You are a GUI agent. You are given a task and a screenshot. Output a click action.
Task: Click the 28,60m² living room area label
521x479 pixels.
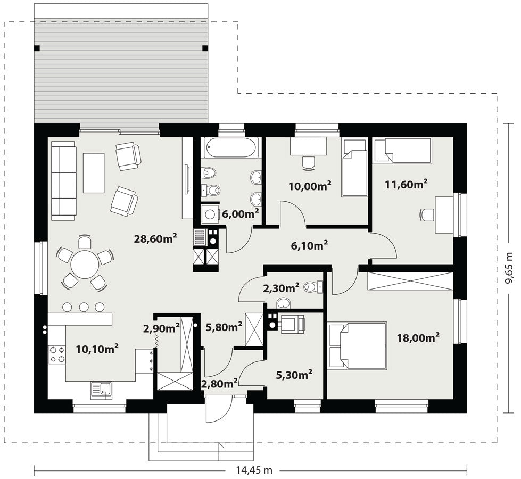(155, 238)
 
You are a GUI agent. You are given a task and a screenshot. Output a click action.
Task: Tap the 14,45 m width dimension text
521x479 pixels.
(254, 470)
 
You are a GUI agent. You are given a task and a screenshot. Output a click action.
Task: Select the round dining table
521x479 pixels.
(85, 265)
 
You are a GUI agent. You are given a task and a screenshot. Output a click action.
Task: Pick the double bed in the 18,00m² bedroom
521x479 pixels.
(358, 346)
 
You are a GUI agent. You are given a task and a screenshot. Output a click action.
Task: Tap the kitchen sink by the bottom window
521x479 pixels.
(101, 390)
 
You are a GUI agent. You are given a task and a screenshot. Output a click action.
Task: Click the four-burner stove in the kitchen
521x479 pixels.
(56, 354)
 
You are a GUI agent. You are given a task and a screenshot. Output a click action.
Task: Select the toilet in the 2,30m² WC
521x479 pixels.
(313, 286)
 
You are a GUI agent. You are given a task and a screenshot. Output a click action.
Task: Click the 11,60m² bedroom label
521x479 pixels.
(406, 184)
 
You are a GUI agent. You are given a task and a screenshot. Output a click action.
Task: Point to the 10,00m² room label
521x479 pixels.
(310, 186)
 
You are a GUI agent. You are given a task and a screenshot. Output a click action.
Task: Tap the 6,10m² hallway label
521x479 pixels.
(309, 245)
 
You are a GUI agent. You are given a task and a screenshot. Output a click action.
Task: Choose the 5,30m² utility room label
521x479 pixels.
(294, 375)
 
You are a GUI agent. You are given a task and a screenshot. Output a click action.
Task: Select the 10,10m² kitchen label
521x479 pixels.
(97, 349)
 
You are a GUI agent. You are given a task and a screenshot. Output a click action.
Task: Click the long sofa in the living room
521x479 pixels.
(63, 180)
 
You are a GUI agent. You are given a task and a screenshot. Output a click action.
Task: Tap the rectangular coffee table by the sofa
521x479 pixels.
(94, 173)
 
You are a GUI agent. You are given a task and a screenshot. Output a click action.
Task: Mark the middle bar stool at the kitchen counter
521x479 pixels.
(84, 307)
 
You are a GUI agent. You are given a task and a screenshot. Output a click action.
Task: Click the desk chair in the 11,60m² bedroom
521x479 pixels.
(426, 214)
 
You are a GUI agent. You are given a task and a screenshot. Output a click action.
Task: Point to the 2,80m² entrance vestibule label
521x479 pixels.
(219, 383)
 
